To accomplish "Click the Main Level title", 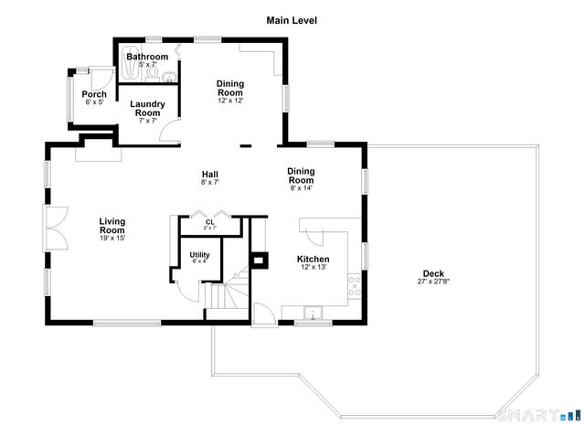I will pos(292,19).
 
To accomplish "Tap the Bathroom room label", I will pos(147,57).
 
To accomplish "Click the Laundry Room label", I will pos(148,108).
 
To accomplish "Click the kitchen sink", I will pos(314,316).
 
